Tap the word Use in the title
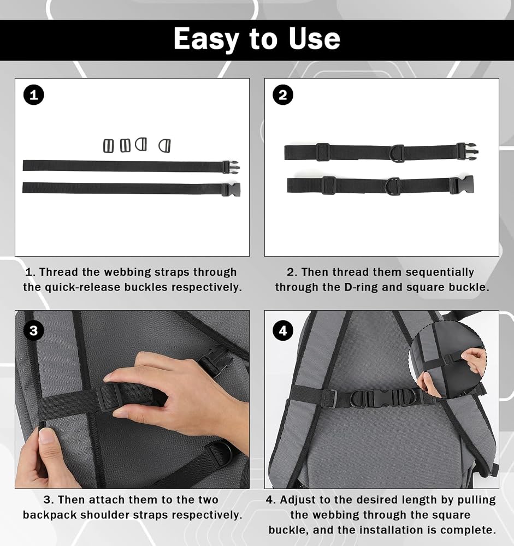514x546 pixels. (x=314, y=38)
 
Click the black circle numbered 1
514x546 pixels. (x=34, y=95)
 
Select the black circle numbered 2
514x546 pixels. (x=283, y=95)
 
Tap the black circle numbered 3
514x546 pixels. (x=34, y=330)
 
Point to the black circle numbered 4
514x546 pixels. (x=283, y=330)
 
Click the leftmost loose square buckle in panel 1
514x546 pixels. (x=108, y=146)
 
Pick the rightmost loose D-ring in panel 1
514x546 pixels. (x=165, y=146)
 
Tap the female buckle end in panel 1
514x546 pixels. (x=231, y=189)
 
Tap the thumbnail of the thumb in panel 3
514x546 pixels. (x=46, y=436)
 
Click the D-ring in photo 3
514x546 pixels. (x=218, y=453)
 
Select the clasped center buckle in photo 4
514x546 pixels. (x=383, y=397)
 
